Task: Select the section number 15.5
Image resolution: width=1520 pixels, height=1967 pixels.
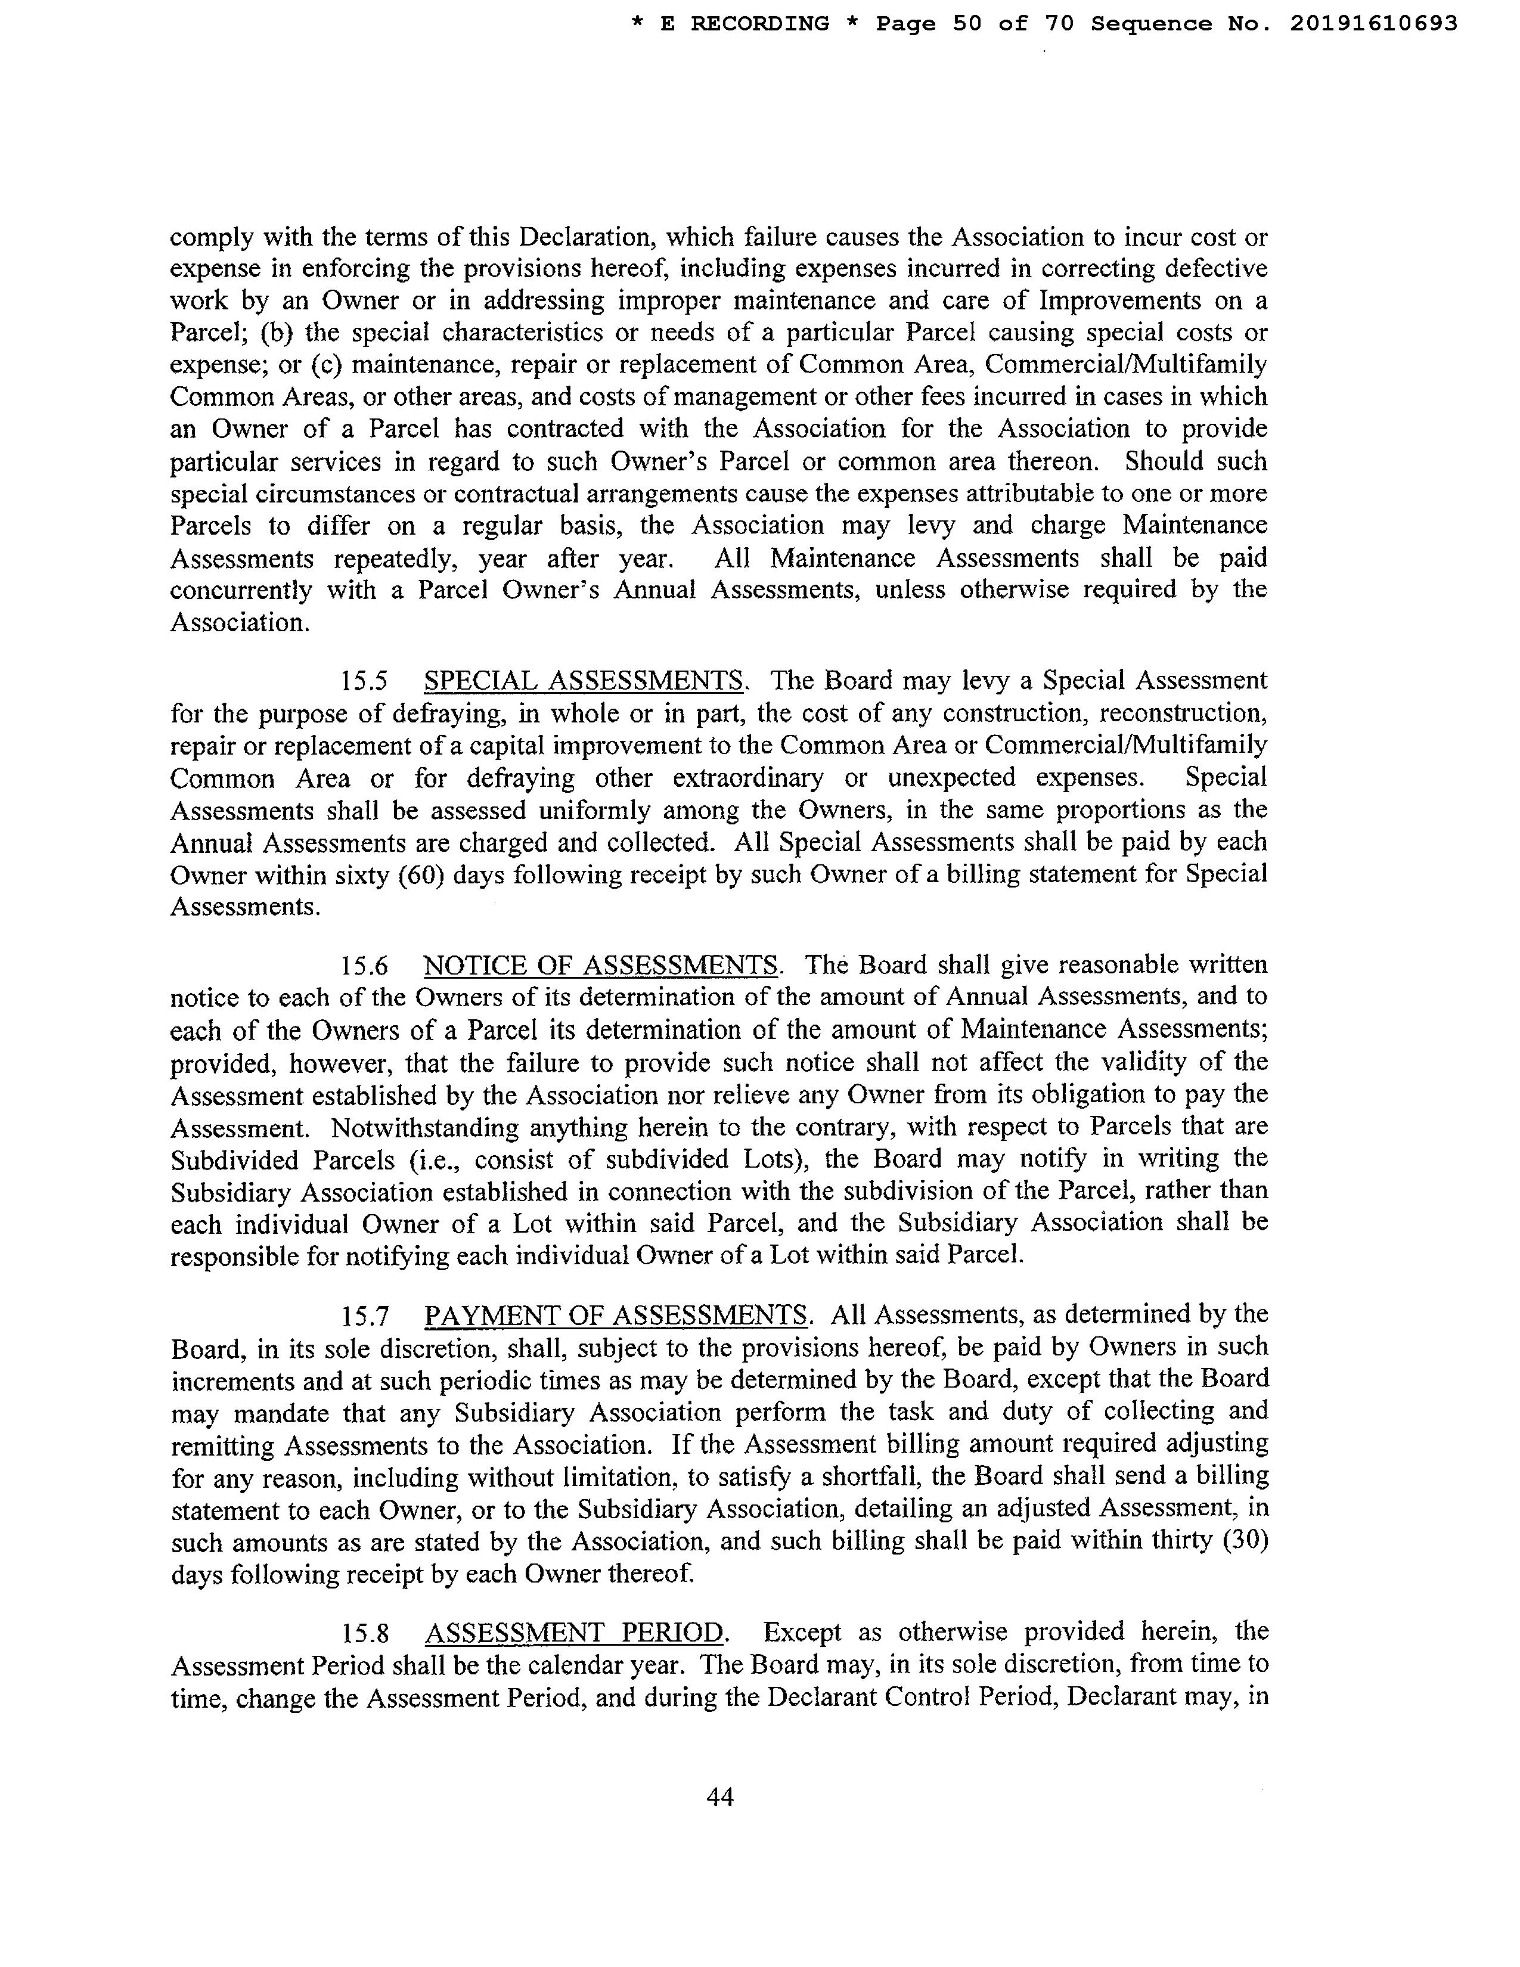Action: [x=364, y=681]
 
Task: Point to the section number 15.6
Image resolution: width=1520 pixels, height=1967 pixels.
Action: [x=364, y=966]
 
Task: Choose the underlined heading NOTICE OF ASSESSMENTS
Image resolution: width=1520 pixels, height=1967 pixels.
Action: [x=601, y=966]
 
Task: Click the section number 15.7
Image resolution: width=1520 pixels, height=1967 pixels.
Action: [x=364, y=1317]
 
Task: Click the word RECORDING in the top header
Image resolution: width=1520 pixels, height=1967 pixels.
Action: [x=759, y=24]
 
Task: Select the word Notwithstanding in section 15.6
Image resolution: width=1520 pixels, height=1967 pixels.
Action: [x=418, y=1128]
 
